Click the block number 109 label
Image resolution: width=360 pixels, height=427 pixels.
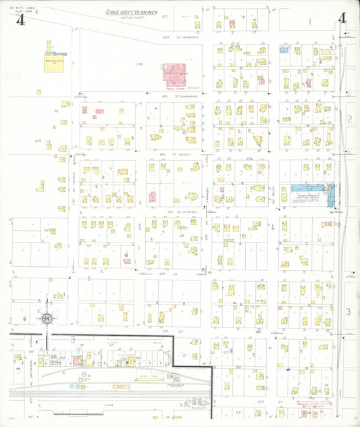pyautogui.click(x=38, y=141)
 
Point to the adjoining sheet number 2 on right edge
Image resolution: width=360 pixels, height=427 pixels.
pyautogui.click(x=349, y=119)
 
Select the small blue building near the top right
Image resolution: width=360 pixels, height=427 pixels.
pyautogui.click(x=284, y=49)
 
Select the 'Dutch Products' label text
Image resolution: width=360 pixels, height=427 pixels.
pyautogui.click(x=307, y=196)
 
